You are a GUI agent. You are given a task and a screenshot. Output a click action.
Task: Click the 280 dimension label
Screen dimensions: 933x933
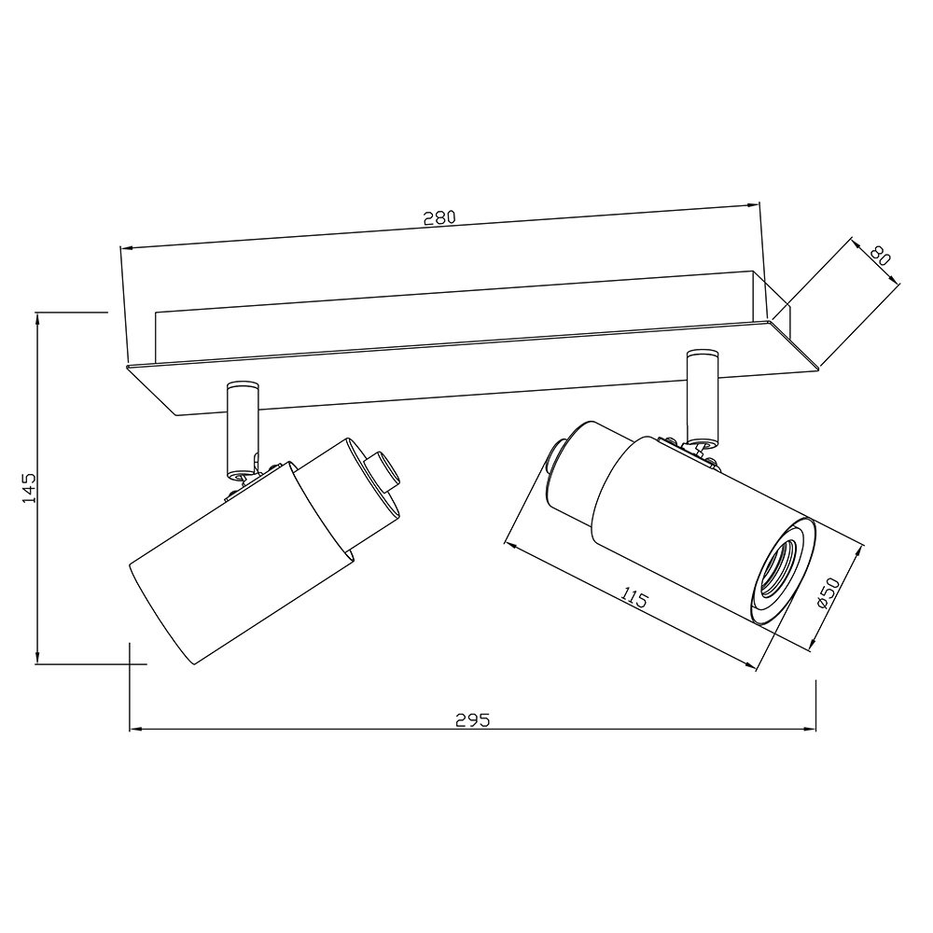coord(439,217)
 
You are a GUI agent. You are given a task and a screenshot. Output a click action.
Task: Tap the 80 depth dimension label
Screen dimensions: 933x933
coord(880,256)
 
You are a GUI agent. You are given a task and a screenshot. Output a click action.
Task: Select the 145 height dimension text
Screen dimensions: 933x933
coord(29,489)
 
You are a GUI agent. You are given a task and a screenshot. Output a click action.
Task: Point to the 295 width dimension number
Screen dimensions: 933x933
coord(472,720)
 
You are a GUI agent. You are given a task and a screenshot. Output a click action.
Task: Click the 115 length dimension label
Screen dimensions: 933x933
coord(634,597)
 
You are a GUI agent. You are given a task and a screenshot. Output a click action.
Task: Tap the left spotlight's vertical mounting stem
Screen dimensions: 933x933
coord(243,429)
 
